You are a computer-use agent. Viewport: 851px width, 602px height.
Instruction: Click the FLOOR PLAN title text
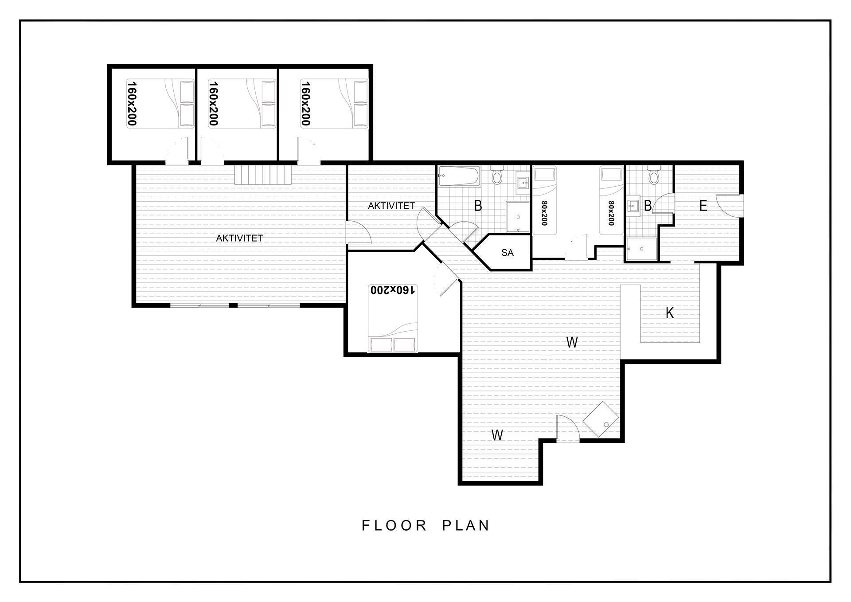pos(425,525)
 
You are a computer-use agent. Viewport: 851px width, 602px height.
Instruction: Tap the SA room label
pos(507,253)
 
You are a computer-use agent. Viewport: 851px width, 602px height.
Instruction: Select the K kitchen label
pos(670,313)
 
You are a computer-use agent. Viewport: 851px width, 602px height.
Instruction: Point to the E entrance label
pos(703,206)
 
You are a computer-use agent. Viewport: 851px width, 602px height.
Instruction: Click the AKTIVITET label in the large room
pos(239,238)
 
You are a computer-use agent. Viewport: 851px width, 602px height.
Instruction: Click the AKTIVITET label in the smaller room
pos(391,206)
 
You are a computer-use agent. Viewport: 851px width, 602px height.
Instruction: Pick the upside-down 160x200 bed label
pos(393,290)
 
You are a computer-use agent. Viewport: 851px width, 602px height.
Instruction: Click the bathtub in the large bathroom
pos(459,176)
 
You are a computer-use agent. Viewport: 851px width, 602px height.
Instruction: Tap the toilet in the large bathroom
pos(497,175)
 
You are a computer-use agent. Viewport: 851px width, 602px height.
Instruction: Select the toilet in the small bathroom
pos(653,175)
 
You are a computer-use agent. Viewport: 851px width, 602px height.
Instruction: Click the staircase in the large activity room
pos(262,175)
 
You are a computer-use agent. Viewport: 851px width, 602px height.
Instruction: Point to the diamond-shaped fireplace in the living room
pos(601,419)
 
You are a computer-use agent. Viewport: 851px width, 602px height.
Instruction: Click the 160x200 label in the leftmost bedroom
pos(132,103)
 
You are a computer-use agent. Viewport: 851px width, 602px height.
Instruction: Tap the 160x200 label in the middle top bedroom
pos(214,103)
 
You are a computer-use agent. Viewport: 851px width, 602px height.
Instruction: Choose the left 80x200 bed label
pos(545,213)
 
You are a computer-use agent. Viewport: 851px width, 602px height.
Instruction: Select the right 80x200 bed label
pos(612,213)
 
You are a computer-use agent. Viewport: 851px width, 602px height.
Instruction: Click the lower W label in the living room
pos(497,435)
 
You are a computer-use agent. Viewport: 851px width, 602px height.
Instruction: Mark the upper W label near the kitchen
pos(572,342)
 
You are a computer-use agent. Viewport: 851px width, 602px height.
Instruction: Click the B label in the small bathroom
pos(648,206)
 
